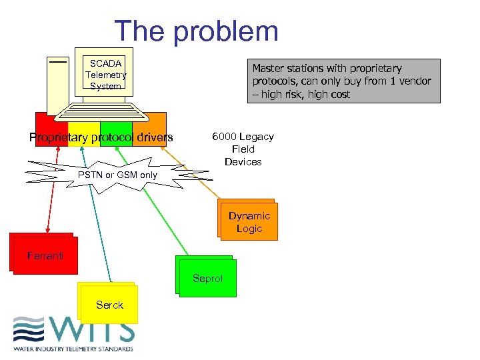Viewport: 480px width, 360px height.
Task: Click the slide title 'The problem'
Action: pos(196,31)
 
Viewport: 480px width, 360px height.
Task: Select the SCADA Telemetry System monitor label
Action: pos(105,75)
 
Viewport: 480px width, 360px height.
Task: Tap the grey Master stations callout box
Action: pos(345,81)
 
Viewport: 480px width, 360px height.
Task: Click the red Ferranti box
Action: pos(43,254)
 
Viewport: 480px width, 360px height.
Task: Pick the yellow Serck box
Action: pos(109,305)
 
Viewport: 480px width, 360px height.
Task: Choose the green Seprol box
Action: pos(207,277)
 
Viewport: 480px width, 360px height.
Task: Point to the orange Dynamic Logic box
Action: pos(249,221)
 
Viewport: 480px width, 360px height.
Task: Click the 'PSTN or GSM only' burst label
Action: pos(117,175)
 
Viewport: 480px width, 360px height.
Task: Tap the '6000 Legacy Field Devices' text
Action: pos(243,149)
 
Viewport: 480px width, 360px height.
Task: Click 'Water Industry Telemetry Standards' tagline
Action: pos(73,349)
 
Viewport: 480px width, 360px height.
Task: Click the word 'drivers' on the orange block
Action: pos(152,138)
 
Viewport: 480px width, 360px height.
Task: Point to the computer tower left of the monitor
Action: pos(58,83)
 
